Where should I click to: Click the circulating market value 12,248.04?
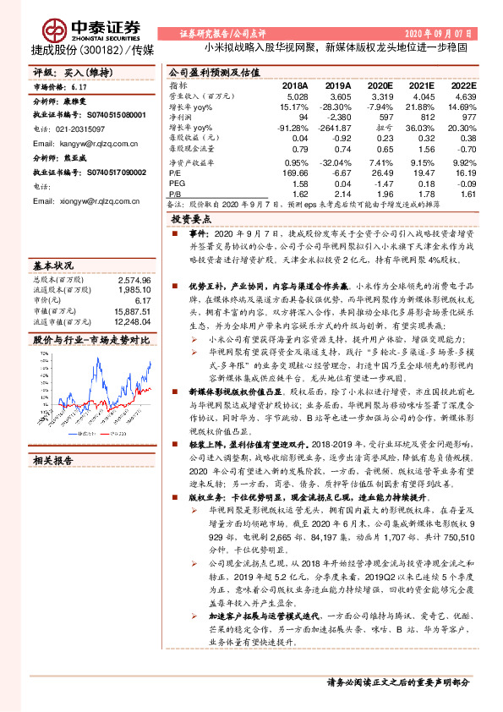coord(130,321)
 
